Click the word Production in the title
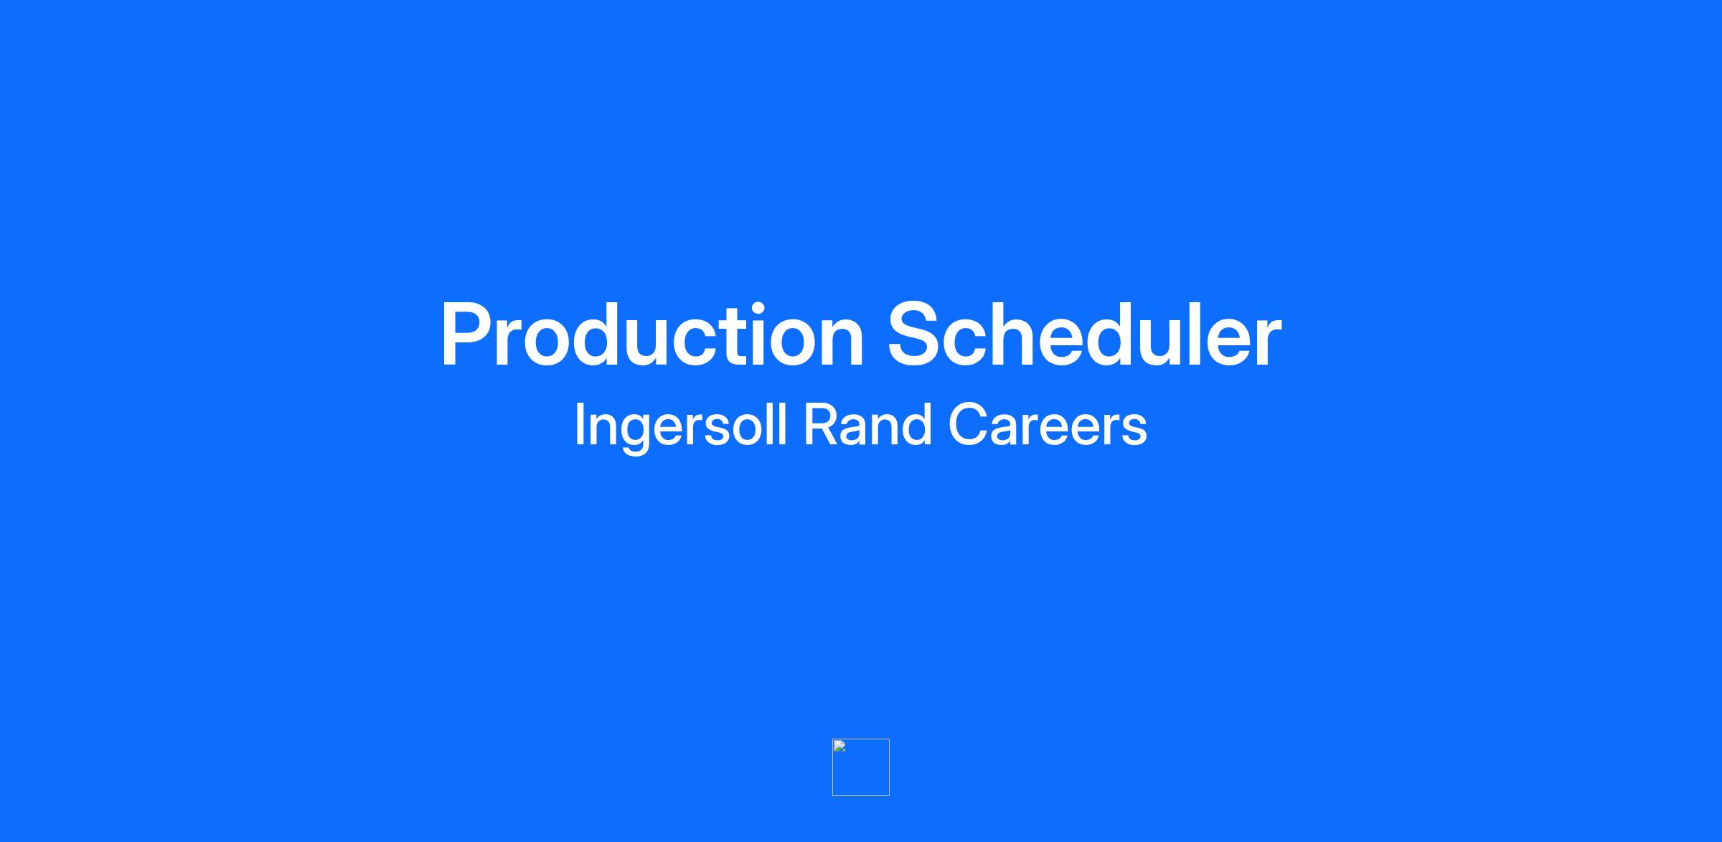coord(652,335)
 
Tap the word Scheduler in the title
coord(1084,335)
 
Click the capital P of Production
coord(468,335)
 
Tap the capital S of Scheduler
coord(917,335)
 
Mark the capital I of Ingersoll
coord(579,424)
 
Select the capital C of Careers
coord(969,424)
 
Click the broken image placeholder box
coord(861,767)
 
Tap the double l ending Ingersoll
coord(777,424)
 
